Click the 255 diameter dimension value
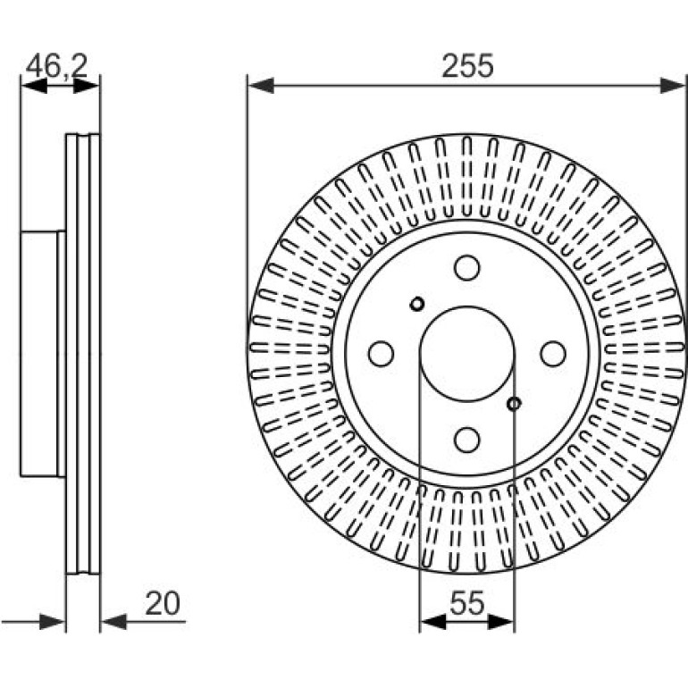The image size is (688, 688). pyautogui.click(x=467, y=66)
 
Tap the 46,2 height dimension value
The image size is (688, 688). pyautogui.click(x=57, y=66)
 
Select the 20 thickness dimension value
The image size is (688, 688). pyautogui.click(x=163, y=604)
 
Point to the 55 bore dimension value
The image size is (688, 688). pyautogui.click(x=466, y=603)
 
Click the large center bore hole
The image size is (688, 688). pyautogui.click(x=466, y=354)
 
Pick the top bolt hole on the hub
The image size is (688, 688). pyautogui.click(x=466, y=268)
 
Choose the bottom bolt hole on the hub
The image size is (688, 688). pyautogui.click(x=466, y=440)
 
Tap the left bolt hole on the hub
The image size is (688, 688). pyautogui.click(x=381, y=354)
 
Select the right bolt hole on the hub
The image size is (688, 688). pyautogui.click(x=553, y=354)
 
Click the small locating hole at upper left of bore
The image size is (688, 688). pyautogui.click(x=417, y=303)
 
